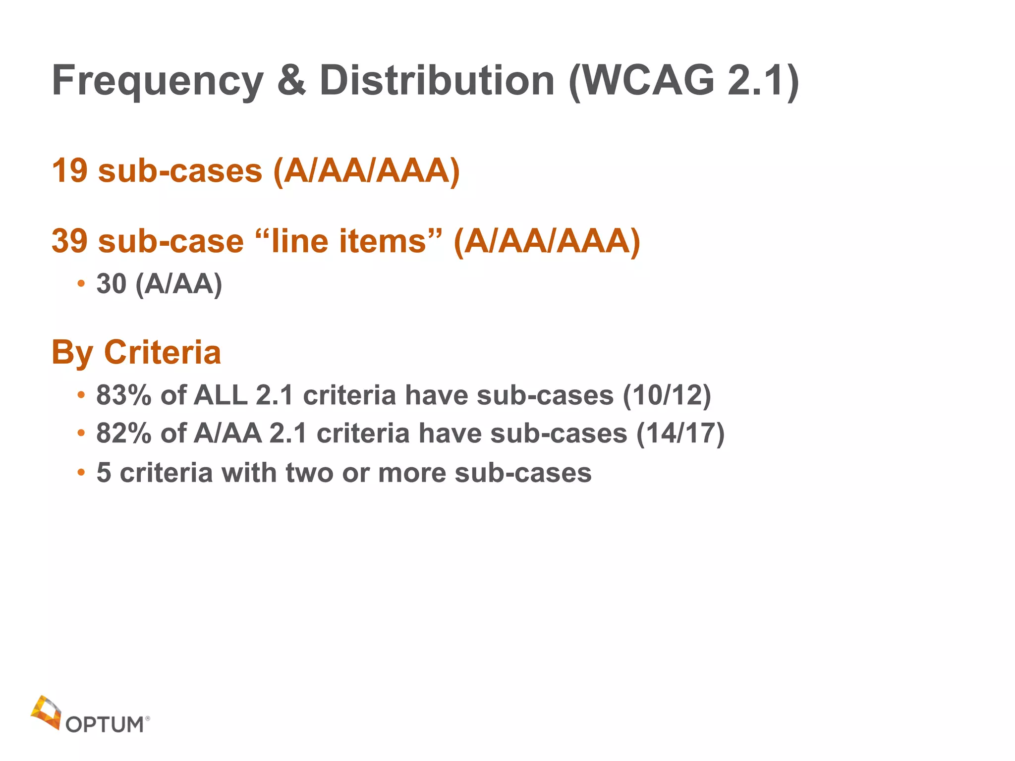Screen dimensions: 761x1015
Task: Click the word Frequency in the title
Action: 158,81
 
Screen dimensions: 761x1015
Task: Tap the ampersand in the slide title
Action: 291,80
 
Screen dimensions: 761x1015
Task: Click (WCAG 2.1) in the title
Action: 684,81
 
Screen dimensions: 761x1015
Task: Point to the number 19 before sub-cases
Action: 69,171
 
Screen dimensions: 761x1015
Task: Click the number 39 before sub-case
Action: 69,241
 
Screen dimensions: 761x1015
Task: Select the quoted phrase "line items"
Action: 348,241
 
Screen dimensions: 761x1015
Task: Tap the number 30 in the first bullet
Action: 111,284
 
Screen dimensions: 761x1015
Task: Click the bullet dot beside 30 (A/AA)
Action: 81,284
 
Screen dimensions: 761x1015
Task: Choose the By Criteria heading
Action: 136,352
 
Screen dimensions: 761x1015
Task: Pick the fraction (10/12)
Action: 667,395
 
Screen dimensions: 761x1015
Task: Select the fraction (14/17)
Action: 680,434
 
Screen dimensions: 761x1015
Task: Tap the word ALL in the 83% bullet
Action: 221,395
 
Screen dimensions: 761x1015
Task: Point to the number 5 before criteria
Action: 104,473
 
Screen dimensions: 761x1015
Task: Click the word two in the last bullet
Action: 309,473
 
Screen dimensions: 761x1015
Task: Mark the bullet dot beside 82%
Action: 81,434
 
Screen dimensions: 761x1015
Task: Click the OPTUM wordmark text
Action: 105,724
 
